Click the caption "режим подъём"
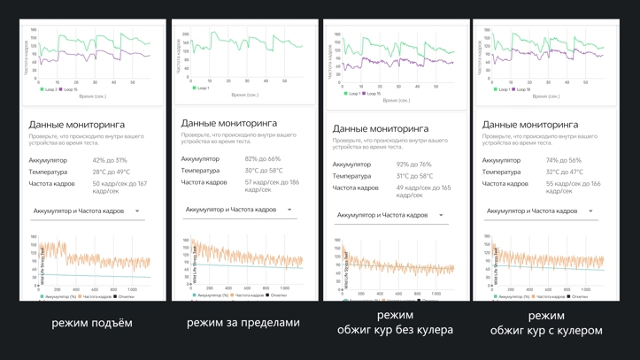click(92, 323)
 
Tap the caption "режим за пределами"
click(243, 323)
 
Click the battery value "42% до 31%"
click(110, 161)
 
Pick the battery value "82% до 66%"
click(263, 159)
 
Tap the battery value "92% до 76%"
click(414, 165)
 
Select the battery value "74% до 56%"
click(564, 161)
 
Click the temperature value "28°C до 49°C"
click(112, 172)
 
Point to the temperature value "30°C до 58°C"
click(264, 171)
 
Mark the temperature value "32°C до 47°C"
click(565, 172)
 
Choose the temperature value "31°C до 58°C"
click(415, 176)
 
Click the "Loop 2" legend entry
click(49, 89)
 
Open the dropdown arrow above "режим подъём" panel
click(137, 211)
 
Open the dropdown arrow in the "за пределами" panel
click(289, 210)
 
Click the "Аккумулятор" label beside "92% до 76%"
click(352, 165)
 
